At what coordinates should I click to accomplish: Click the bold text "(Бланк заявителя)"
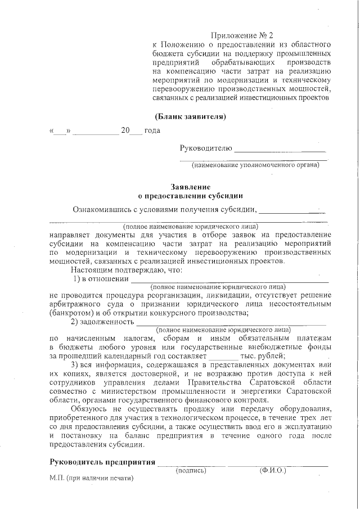click(x=190, y=117)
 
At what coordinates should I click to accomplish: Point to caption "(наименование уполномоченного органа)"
click(x=255, y=165)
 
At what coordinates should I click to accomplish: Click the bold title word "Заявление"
click(x=191, y=187)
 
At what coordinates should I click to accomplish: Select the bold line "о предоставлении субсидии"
click(x=191, y=196)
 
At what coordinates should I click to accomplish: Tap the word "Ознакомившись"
click(x=102, y=210)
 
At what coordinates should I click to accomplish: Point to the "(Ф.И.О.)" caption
click(x=273, y=470)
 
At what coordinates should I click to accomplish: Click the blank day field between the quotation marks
click(x=60, y=131)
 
